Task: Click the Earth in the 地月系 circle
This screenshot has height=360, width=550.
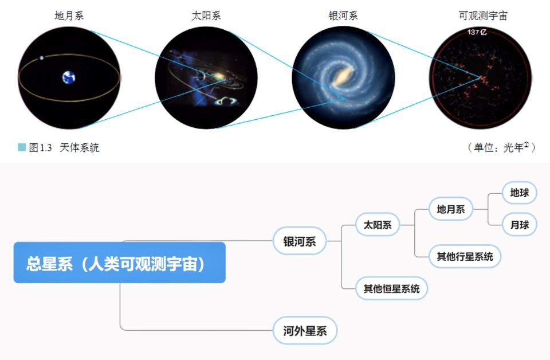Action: (x=69, y=77)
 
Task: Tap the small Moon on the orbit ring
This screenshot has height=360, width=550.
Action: (x=42, y=57)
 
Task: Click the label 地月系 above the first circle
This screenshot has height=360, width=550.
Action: (x=69, y=16)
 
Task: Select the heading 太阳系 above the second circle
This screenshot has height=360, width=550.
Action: (x=206, y=16)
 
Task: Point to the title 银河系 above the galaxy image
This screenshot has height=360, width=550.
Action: (x=343, y=16)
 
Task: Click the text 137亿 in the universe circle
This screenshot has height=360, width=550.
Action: (x=477, y=32)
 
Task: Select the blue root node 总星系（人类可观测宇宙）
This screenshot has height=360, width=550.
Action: (x=119, y=263)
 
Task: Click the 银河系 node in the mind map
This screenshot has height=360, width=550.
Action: (x=299, y=241)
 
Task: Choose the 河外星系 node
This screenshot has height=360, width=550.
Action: (x=304, y=330)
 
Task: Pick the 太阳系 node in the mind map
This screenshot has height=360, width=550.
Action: (x=377, y=225)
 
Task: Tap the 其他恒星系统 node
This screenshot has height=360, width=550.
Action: (x=391, y=288)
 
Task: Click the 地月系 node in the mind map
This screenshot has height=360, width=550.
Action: (x=450, y=209)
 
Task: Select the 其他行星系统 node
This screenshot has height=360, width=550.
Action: (x=465, y=256)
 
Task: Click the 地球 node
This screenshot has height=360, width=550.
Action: (x=519, y=193)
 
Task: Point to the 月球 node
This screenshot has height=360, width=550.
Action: (x=519, y=225)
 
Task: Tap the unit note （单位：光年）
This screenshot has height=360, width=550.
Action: (x=501, y=148)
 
